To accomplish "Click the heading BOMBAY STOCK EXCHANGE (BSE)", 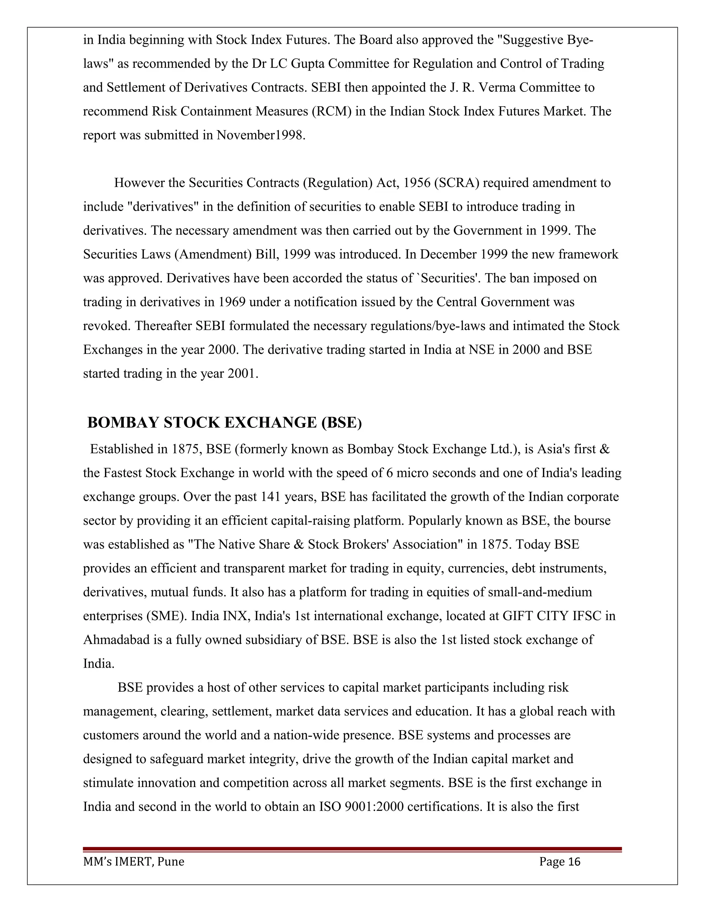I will (x=224, y=423).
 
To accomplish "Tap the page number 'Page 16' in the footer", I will (x=559, y=861).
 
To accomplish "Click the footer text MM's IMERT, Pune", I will (x=134, y=861).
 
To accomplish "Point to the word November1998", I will (x=261, y=135).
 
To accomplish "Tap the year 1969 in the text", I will (x=232, y=302).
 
